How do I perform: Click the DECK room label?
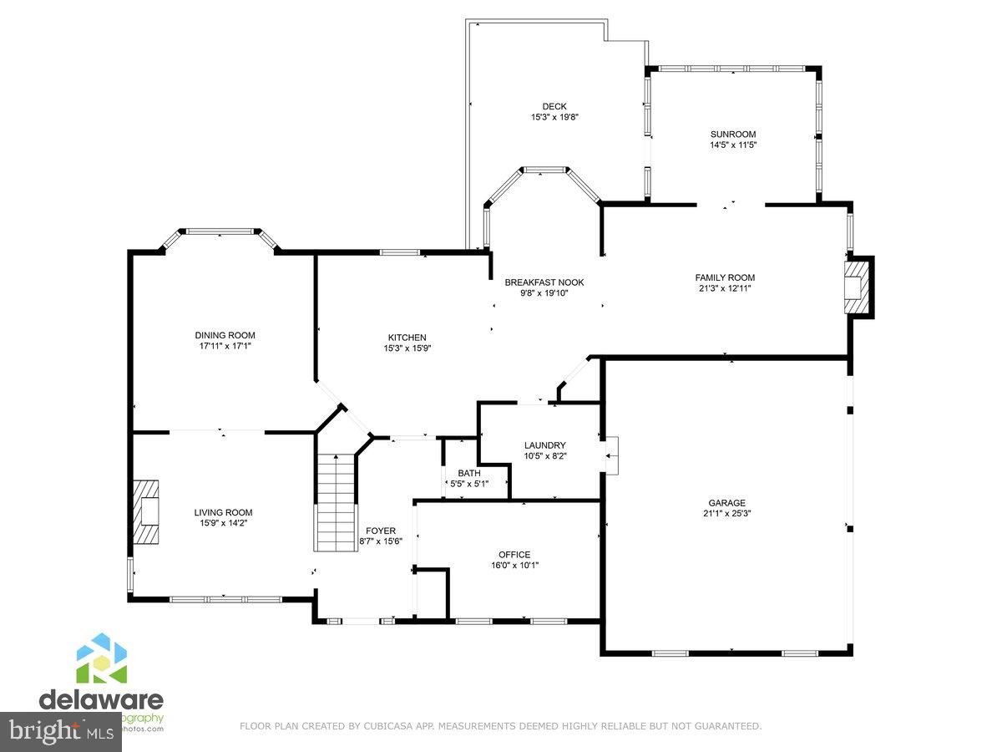(554, 106)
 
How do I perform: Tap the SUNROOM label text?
(732, 134)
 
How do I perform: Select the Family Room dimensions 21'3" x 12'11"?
(725, 288)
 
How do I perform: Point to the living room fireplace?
(146, 512)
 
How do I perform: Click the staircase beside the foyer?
(335, 501)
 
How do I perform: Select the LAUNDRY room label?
(544, 445)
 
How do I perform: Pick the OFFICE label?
(514, 554)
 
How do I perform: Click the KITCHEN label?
(407, 338)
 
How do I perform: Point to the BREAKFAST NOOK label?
(544, 282)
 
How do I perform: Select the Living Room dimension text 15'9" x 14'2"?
(223, 523)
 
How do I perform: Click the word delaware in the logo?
(101, 699)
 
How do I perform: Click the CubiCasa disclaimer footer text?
(500, 726)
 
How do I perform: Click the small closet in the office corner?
(432, 595)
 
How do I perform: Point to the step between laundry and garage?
(612, 455)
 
